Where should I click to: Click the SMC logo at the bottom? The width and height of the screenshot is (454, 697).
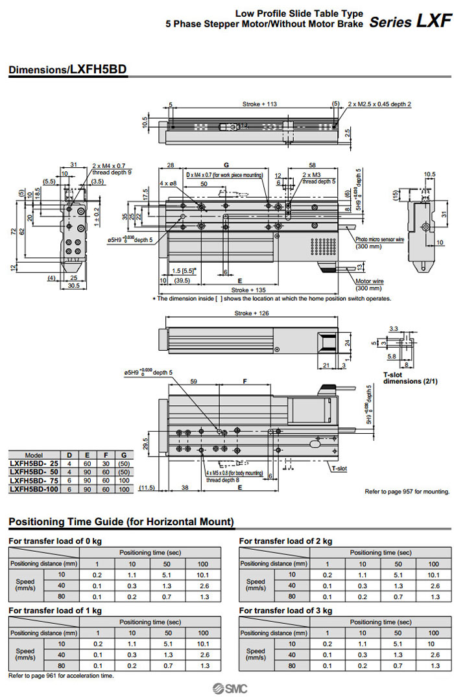[x=227, y=688]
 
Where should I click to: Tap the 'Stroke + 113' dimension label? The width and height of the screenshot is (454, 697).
[x=259, y=104]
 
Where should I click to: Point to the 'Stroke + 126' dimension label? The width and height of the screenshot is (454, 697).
[x=252, y=314]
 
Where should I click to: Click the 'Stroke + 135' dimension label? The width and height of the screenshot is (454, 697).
[x=250, y=290]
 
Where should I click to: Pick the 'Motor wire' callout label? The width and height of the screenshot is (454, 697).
[x=370, y=281]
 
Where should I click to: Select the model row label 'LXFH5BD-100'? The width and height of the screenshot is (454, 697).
[x=34, y=489]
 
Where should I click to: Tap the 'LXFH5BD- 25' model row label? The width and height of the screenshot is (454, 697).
[x=34, y=464]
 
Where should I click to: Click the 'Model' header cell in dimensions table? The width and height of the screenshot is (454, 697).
[x=34, y=455]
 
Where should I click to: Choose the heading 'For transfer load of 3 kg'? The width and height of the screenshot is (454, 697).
[x=285, y=610]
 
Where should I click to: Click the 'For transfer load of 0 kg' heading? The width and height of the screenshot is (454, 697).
[x=55, y=541]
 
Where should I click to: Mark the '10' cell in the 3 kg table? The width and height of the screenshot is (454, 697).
[x=433, y=644]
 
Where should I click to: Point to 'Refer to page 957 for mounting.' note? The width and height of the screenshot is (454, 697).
[x=407, y=491]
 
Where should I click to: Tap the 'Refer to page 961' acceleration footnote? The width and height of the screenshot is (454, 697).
[x=61, y=676]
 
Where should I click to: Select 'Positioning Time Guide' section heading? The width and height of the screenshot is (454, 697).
[x=121, y=522]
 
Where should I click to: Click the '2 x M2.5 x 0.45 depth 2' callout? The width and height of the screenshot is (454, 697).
[x=379, y=104]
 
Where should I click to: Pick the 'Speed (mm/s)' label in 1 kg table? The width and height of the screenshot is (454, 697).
[x=25, y=651]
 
